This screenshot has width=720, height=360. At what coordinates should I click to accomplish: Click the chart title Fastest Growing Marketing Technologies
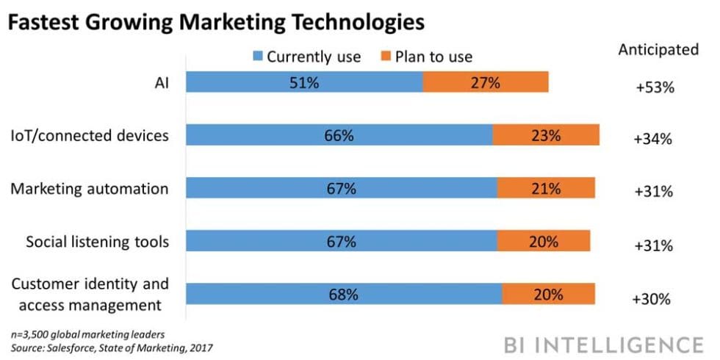(x=217, y=22)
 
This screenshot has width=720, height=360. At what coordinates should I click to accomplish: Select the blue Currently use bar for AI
(x=304, y=82)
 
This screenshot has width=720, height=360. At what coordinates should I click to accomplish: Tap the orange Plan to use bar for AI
(x=486, y=82)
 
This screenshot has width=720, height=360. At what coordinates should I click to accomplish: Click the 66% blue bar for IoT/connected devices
(x=339, y=135)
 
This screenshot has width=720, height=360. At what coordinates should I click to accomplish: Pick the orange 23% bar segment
(x=546, y=135)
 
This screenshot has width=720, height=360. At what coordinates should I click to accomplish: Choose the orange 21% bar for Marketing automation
(x=546, y=188)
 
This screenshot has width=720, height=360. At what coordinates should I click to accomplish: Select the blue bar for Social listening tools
(x=341, y=241)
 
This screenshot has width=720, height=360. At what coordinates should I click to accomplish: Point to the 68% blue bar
(x=343, y=294)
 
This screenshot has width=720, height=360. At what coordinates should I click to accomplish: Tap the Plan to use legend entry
(x=425, y=57)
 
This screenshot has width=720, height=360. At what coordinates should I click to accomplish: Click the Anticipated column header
(x=658, y=50)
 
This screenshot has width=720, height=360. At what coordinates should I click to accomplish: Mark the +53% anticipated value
(x=654, y=87)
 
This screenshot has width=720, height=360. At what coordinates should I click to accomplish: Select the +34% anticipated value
(x=654, y=139)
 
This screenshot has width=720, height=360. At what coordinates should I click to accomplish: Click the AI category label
(x=161, y=83)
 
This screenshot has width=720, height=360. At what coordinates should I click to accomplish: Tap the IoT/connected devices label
(x=90, y=135)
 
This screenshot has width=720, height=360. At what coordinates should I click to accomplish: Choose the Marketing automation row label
(x=90, y=188)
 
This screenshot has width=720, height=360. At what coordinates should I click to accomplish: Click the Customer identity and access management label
(x=90, y=294)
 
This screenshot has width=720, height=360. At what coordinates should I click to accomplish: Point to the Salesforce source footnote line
(x=110, y=346)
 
